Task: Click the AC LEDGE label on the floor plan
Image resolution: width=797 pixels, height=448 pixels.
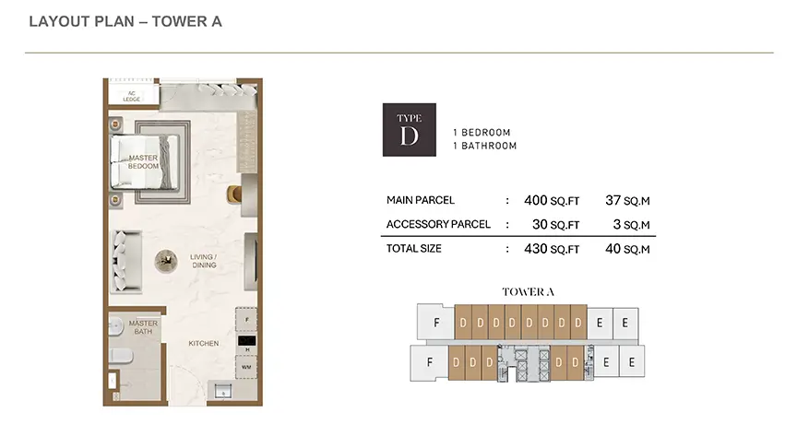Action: point(132,96)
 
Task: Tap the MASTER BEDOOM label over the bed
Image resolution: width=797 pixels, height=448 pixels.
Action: point(143,162)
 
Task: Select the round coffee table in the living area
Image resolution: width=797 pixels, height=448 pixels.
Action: point(166,261)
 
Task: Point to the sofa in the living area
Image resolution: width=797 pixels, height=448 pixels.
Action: point(126,262)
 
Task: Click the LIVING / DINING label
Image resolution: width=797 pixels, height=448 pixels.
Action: point(203,261)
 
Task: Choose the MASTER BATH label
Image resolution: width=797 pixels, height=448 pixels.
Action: point(143,327)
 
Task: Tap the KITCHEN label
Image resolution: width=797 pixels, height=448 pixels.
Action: point(203,343)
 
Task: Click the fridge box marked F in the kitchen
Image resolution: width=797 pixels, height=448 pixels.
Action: point(246,320)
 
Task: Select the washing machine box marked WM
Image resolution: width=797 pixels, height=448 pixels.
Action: point(246,367)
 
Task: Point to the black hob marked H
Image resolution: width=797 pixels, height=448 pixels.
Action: point(247,341)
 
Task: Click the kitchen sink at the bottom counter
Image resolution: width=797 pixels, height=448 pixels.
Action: point(223,391)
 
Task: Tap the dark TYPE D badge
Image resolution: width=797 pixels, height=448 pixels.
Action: point(410,130)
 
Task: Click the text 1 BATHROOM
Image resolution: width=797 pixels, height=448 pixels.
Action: point(485,146)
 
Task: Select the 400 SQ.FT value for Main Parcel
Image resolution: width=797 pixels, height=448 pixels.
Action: point(552,201)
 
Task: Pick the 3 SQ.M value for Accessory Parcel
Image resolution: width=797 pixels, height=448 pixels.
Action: point(631,225)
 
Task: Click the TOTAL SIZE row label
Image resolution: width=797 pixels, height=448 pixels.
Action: point(414,248)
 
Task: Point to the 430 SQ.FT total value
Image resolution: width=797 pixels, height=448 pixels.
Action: point(552,249)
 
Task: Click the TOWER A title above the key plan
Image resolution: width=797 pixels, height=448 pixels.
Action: point(528,291)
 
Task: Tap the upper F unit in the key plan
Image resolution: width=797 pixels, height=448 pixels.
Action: point(435,322)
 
